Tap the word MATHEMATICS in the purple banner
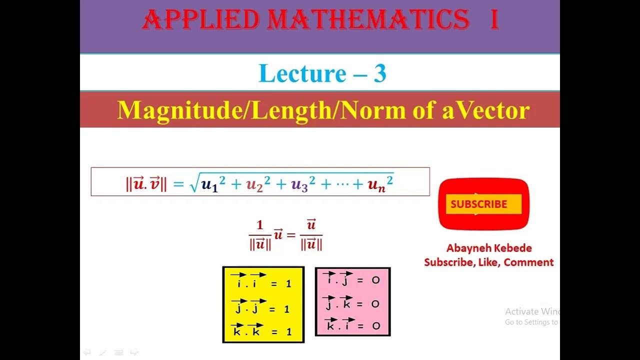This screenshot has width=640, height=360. (x=368, y=20)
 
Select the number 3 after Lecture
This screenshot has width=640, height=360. (x=379, y=73)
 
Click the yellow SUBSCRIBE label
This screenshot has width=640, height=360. (x=479, y=204)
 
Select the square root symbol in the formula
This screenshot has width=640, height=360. (x=194, y=184)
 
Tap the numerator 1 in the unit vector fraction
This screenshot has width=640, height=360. (x=259, y=225)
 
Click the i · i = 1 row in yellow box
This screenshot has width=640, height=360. (x=263, y=280)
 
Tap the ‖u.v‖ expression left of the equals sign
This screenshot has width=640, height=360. (x=146, y=183)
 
